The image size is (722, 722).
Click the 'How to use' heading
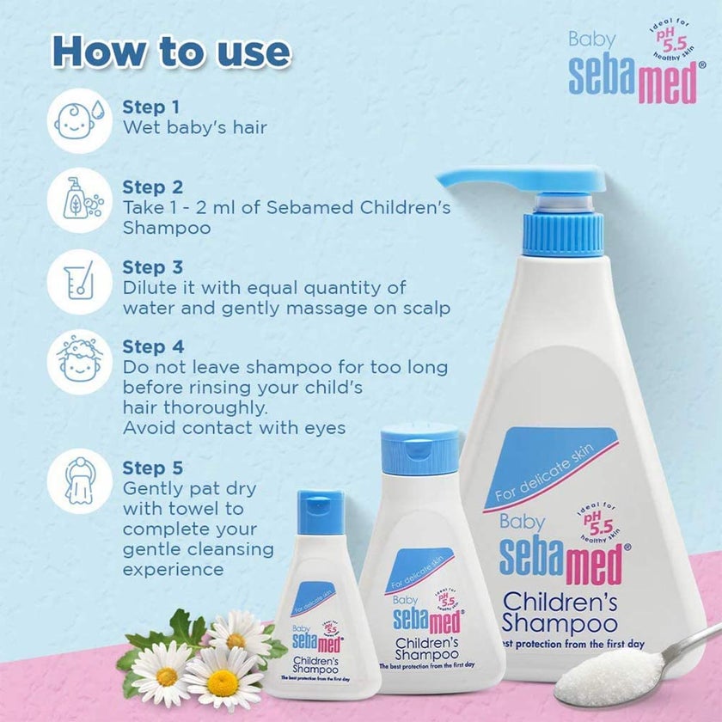click(170, 52)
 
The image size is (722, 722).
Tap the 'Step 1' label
click(151, 107)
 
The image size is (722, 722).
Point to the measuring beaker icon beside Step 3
click(78, 282)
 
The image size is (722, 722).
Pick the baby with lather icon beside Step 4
click(78, 362)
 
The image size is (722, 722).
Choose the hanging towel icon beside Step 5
click(78, 483)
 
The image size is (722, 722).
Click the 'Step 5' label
click(152, 468)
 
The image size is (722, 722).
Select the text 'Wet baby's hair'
click(194, 128)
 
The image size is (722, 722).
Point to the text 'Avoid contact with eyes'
click(234, 427)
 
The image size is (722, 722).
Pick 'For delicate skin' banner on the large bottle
click(550, 468)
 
